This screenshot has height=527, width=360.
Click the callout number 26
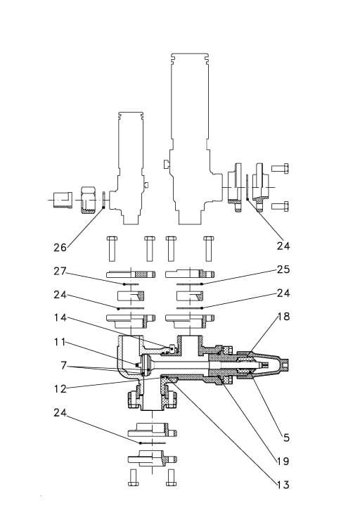click(x=60, y=247)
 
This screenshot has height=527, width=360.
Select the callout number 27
click(x=60, y=272)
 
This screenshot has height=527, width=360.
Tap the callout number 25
click(x=283, y=269)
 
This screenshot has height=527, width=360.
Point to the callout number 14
click(x=60, y=318)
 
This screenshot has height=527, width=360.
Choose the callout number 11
click(x=60, y=342)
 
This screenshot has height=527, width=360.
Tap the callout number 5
click(x=285, y=437)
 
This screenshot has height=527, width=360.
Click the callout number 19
click(x=283, y=462)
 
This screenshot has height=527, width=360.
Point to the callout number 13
click(x=283, y=485)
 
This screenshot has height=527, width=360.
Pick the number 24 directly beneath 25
click(x=283, y=293)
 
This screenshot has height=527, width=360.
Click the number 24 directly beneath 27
click(x=60, y=295)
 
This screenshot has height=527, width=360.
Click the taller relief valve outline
click(x=189, y=127)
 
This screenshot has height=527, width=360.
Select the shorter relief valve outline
click(x=130, y=169)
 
